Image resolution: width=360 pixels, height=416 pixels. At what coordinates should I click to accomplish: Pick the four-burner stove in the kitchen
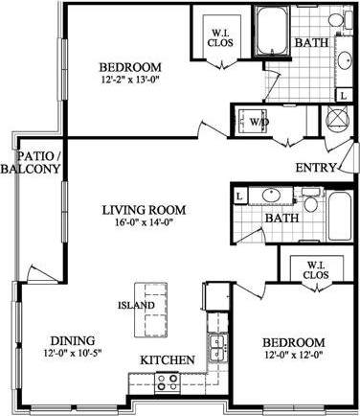168,381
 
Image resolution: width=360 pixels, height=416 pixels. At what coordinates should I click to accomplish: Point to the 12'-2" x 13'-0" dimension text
130,81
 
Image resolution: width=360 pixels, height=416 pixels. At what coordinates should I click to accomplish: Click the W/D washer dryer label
259,124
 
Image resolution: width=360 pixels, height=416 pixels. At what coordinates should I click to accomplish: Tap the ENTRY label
316,168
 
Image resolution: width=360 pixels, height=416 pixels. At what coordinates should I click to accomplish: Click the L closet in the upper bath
342,95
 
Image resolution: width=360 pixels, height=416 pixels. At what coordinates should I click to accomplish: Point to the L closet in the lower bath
238,196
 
